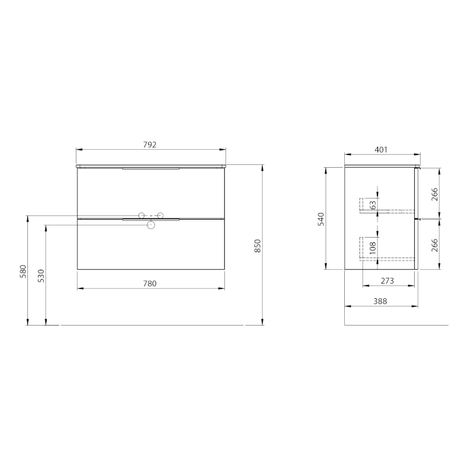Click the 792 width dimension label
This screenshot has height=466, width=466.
coord(150,145)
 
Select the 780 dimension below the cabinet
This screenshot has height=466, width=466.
coord(150,284)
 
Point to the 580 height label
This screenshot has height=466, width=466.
coord(23,271)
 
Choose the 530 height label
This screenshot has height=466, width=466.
coord(41,276)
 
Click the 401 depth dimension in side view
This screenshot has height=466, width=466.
coord(381,150)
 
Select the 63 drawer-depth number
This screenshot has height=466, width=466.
coord(372,204)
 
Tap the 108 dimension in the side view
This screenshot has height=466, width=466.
coord(372,248)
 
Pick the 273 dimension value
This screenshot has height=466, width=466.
coord(387,281)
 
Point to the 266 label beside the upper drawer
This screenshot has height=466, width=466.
coord(434,194)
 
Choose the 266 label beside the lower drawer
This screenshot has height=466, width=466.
coord(434,245)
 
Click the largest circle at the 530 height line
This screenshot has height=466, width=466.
coord(151,225)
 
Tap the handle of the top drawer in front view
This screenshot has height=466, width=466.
coord(151,169)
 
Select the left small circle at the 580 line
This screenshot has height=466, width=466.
coord(140,216)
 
